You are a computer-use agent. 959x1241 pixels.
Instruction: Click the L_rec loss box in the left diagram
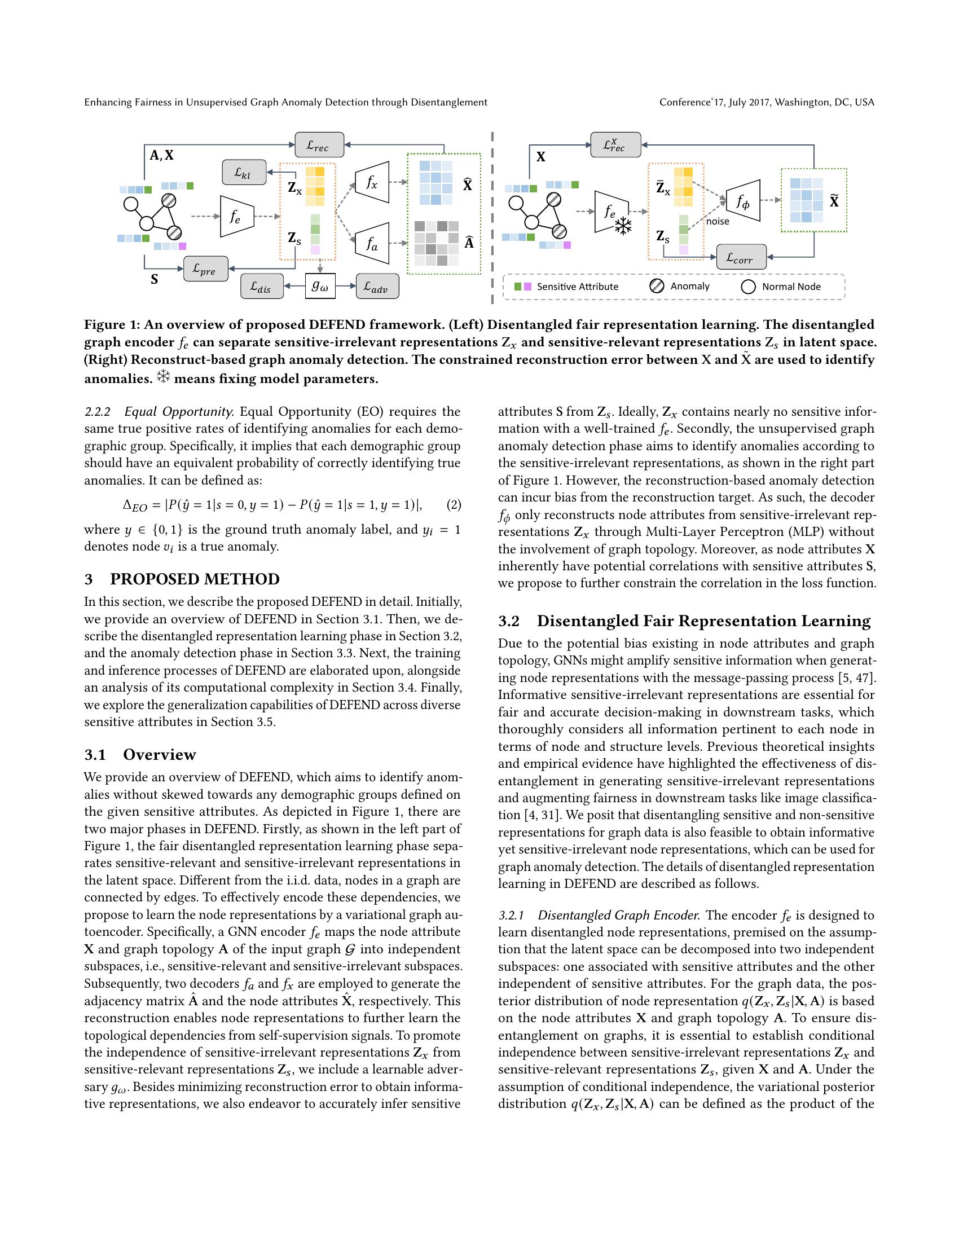(x=319, y=145)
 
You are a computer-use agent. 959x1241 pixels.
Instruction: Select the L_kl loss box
(x=244, y=172)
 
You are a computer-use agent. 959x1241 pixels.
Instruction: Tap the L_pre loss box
(x=206, y=269)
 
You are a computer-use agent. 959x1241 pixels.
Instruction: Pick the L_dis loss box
(x=262, y=287)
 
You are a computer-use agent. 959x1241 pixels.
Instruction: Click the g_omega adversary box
(x=320, y=287)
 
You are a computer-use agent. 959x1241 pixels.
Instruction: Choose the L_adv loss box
(x=377, y=287)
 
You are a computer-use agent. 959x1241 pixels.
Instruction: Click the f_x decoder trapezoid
(x=372, y=182)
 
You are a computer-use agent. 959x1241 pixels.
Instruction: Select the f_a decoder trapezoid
(x=372, y=243)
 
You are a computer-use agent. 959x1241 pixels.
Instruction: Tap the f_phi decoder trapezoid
(x=744, y=201)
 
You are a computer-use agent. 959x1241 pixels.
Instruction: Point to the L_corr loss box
(x=741, y=257)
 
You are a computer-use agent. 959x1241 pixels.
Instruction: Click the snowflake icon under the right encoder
(x=624, y=227)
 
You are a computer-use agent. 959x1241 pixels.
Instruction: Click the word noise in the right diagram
(x=718, y=222)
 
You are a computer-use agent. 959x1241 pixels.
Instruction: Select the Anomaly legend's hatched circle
(x=657, y=287)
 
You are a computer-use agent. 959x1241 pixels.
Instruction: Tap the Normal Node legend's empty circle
(x=749, y=287)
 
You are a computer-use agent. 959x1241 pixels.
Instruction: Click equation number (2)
(x=454, y=505)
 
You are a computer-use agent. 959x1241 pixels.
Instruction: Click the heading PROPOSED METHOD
(x=195, y=579)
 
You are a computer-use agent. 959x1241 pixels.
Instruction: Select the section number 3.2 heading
(x=509, y=621)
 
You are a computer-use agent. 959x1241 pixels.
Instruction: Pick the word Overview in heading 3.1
(x=160, y=755)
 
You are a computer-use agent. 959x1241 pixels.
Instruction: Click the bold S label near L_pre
(x=154, y=280)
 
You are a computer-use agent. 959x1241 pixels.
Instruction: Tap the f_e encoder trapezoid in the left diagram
(x=236, y=216)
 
